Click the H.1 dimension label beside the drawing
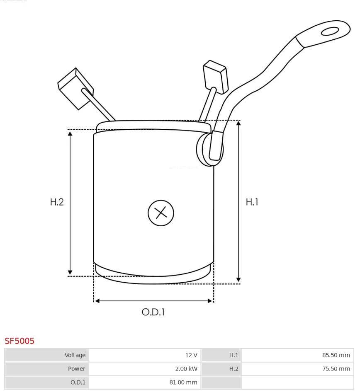pos(252,202)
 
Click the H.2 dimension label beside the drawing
pos(57,202)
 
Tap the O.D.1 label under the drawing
pos(153,312)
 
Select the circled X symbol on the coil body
pos(161,213)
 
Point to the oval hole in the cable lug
pos(330,31)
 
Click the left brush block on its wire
pos(75,88)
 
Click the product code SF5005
pos(19,341)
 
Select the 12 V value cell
pos(145,355)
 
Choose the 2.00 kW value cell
pos(145,368)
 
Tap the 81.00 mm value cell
pos(145,382)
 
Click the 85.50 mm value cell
pos(297,355)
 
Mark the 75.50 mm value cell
pos(297,368)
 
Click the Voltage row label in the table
pos(47,355)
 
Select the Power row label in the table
pos(47,368)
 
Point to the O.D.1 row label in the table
pos(47,382)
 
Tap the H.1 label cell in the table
pos(221,355)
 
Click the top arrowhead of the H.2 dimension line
pos(70,133)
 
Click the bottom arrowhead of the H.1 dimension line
pos(238,280)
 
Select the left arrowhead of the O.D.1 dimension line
pos(97,301)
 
